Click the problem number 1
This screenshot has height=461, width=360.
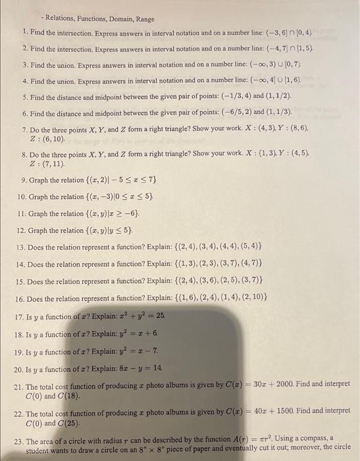click(x=24, y=32)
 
